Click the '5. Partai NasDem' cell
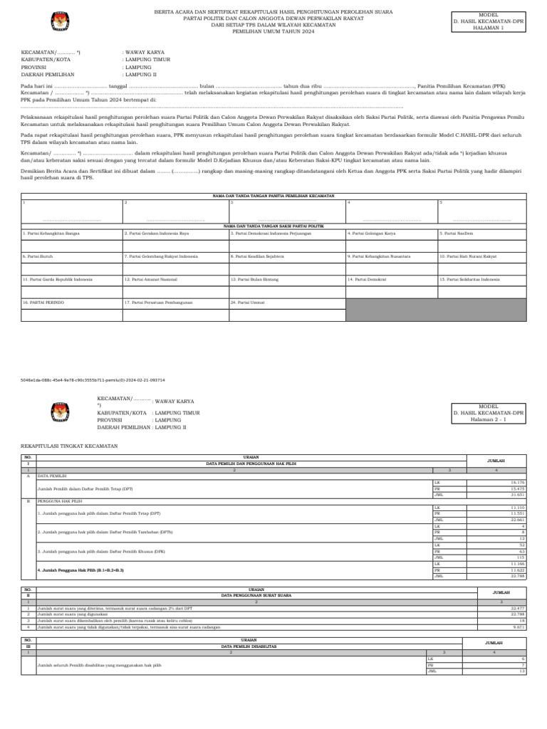point(456,234)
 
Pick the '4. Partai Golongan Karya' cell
point(370,234)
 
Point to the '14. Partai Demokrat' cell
point(367,280)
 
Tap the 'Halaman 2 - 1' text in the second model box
point(489,419)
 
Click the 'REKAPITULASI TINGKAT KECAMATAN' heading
point(70,446)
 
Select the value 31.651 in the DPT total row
point(517,495)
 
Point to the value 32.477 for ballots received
point(517,609)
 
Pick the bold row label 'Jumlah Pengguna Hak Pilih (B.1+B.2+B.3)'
point(80,570)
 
